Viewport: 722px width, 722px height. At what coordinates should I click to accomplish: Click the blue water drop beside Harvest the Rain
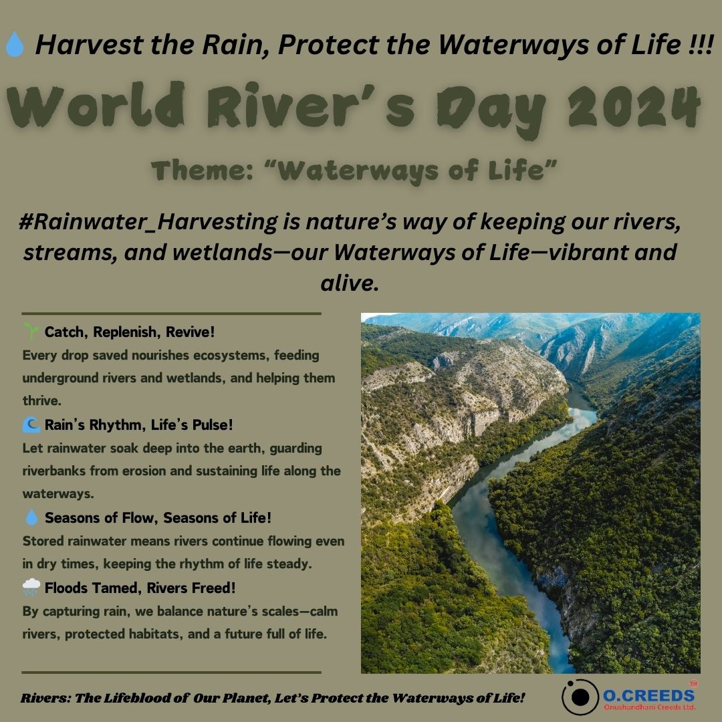click(15, 45)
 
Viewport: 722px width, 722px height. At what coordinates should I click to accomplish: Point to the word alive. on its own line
click(350, 283)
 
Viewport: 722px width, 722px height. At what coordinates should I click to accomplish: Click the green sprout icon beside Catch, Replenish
click(31, 331)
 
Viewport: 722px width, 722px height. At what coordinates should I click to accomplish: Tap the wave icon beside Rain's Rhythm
click(31, 425)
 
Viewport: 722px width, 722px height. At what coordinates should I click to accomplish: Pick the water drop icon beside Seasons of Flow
click(31, 517)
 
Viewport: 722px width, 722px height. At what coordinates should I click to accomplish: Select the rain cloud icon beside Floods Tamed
click(31, 588)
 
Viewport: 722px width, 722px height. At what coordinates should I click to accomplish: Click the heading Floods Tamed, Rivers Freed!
click(140, 588)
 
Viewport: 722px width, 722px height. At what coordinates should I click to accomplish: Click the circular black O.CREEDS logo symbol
click(580, 697)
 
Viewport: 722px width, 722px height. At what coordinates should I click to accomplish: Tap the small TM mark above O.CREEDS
click(692, 683)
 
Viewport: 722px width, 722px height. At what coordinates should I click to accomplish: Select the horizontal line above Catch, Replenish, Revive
click(171, 313)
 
